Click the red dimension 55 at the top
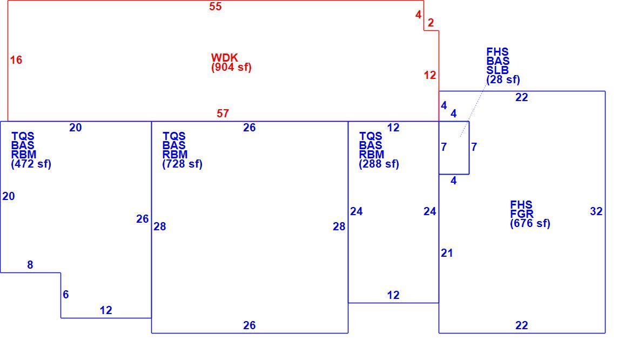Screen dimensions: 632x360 click(x=215, y=6)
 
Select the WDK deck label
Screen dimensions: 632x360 click(x=225, y=58)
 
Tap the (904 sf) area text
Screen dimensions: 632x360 click(x=231, y=68)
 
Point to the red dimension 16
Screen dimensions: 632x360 click(x=16, y=60)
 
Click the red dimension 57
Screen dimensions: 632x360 click(x=223, y=114)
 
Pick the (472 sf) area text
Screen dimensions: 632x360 click(x=31, y=164)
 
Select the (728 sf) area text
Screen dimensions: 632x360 click(x=182, y=164)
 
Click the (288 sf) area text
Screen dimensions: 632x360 click(x=379, y=164)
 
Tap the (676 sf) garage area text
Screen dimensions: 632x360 click(x=530, y=223)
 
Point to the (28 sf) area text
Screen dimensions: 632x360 click(x=503, y=79)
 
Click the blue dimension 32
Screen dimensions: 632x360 click(x=596, y=211)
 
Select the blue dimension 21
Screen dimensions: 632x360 click(x=447, y=253)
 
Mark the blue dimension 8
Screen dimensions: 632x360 click(x=30, y=265)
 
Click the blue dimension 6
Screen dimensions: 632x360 click(x=66, y=295)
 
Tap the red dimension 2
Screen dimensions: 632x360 click(x=431, y=23)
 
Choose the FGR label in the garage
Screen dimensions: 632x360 click(x=522, y=214)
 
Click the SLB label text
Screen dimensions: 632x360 click(x=497, y=70)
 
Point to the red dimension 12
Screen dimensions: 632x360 click(x=429, y=75)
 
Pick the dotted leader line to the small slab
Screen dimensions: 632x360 click(x=473, y=111)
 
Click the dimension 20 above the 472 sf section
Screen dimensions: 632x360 click(x=76, y=128)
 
